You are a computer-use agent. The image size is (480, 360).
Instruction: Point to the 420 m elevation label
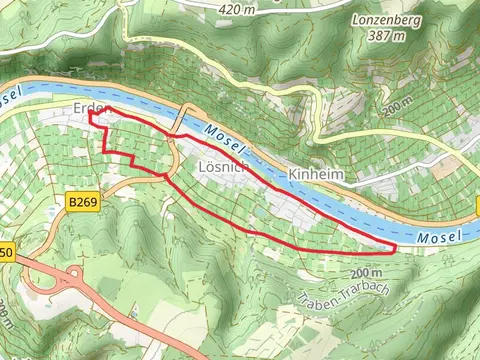click(237, 9)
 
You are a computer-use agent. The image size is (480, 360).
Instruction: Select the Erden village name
click(88, 106)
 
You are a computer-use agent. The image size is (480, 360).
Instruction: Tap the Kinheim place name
click(313, 175)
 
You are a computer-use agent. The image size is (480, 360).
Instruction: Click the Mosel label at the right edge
click(442, 236)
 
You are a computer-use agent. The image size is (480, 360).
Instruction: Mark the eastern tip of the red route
click(396, 245)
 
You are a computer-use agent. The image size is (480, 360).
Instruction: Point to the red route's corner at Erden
click(91, 115)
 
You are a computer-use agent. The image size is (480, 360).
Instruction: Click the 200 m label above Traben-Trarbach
click(367, 272)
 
